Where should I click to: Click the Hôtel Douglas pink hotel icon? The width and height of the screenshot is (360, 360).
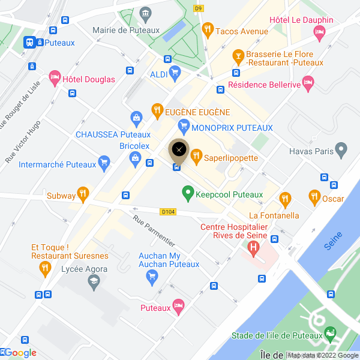tap(55, 77)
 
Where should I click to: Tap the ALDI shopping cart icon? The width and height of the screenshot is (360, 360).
tap(175, 74)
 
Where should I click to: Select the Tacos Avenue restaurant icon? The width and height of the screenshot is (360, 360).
tap(208, 28)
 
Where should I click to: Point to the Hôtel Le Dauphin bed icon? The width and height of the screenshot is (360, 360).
tap(319, 32)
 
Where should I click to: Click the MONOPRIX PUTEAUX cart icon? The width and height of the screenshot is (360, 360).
tap(184, 127)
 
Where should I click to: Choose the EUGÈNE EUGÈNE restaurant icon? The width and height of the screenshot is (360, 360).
tap(157, 110)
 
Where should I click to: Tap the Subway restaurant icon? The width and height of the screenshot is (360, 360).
tap(83, 194)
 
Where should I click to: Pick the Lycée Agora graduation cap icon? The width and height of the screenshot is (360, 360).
tap(93, 281)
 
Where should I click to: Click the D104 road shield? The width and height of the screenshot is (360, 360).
tap(168, 211)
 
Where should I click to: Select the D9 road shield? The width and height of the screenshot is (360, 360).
tap(198, 8)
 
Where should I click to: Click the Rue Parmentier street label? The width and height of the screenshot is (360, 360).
tap(154, 231)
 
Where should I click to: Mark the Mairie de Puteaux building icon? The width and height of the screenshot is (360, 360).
tap(145, 13)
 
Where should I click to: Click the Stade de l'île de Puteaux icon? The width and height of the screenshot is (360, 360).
tap(329, 333)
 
